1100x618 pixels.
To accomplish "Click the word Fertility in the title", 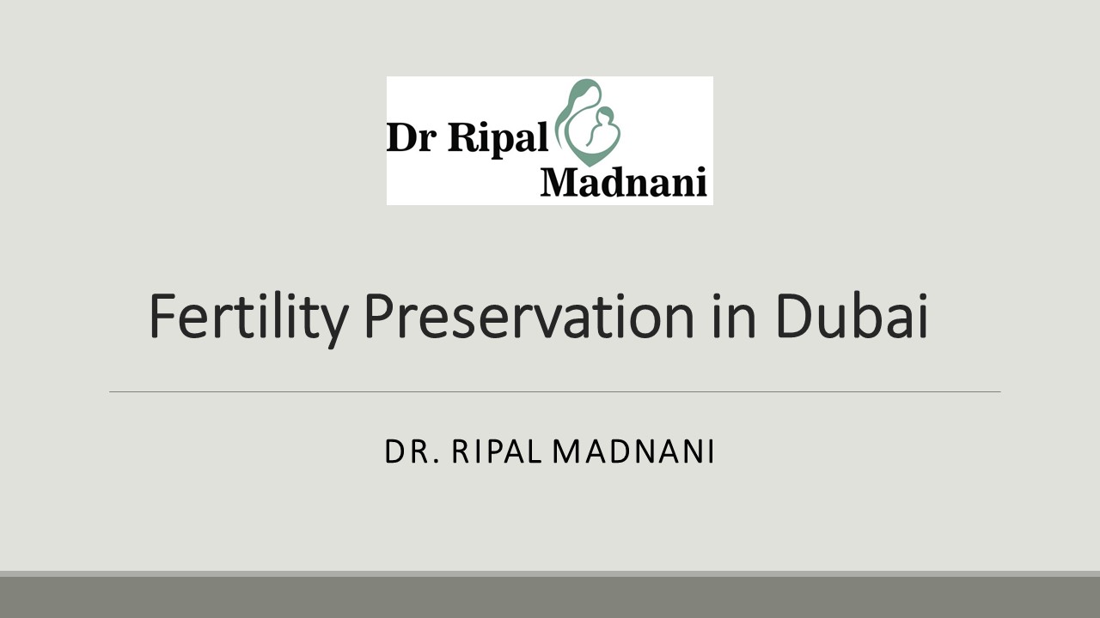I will (x=247, y=316).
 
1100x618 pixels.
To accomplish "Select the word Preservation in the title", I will (x=528, y=316).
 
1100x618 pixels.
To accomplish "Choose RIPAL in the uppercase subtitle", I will (x=496, y=451).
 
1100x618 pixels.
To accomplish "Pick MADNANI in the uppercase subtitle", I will (x=633, y=451).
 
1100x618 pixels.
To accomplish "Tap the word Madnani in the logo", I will (x=624, y=182).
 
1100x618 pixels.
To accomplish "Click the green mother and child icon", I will (x=588, y=122).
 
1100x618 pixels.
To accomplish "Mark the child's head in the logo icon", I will (x=605, y=114).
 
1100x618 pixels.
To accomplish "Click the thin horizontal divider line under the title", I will (x=554, y=392).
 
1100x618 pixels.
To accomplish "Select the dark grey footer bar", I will (x=550, y=597).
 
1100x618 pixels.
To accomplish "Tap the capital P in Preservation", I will (x=378, y=316).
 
